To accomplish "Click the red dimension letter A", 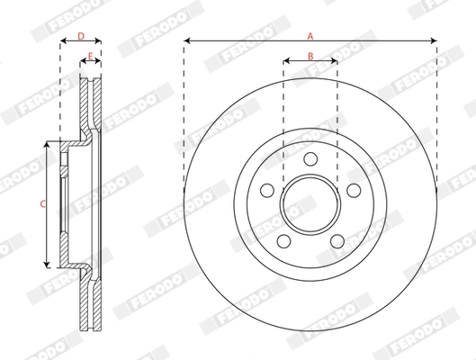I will (x=310, y=36).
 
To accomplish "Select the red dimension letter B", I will (x=310, y=57).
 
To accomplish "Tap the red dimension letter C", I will (x=42, y=204).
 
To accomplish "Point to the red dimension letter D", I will (x=80, y=36).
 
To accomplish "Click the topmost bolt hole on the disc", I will (x=310, y=159).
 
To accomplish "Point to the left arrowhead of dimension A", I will (x=186, y=41).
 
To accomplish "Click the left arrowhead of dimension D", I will (x=63, y=42).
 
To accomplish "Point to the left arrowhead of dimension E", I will (x=83, y=63).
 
